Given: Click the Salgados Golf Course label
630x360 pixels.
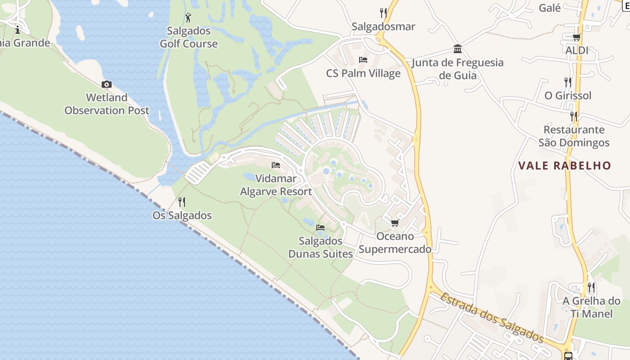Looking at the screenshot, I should click(189, 37).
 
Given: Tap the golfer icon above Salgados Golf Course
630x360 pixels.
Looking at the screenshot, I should click(189, 18).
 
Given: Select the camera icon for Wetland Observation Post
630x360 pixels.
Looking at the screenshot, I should click(107, 84).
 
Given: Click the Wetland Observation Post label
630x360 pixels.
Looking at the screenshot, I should click(107, 104).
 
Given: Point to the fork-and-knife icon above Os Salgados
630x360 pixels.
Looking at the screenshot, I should click(182, 202).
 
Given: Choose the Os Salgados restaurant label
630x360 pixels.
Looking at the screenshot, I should click(182, 216).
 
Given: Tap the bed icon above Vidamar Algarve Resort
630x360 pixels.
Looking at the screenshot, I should click(276, 165).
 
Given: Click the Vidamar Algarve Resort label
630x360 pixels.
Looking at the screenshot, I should click(276, 185).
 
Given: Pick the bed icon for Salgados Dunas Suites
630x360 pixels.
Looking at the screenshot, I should click(320, 227).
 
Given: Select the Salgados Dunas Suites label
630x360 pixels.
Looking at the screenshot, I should click(320, 247).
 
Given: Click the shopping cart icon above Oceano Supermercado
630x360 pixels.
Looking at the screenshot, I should click(395, 223).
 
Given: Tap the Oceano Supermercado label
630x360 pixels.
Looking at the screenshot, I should click(395, 243).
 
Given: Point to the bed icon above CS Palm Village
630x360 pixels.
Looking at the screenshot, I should click(363, 59).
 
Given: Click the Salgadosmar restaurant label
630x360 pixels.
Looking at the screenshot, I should click(383, 27).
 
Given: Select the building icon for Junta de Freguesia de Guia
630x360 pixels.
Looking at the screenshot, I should click(458, 49).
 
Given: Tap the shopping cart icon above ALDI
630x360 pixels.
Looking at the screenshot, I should click(576, 37).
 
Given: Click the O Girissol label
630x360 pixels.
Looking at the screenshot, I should click(568, 95).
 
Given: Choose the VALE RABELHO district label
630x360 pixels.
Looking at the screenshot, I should click(565, 166).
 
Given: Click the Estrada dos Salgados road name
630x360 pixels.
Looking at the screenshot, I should click(492, 318).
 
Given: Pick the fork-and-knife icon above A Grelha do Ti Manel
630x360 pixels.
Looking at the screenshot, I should click(591, 287).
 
